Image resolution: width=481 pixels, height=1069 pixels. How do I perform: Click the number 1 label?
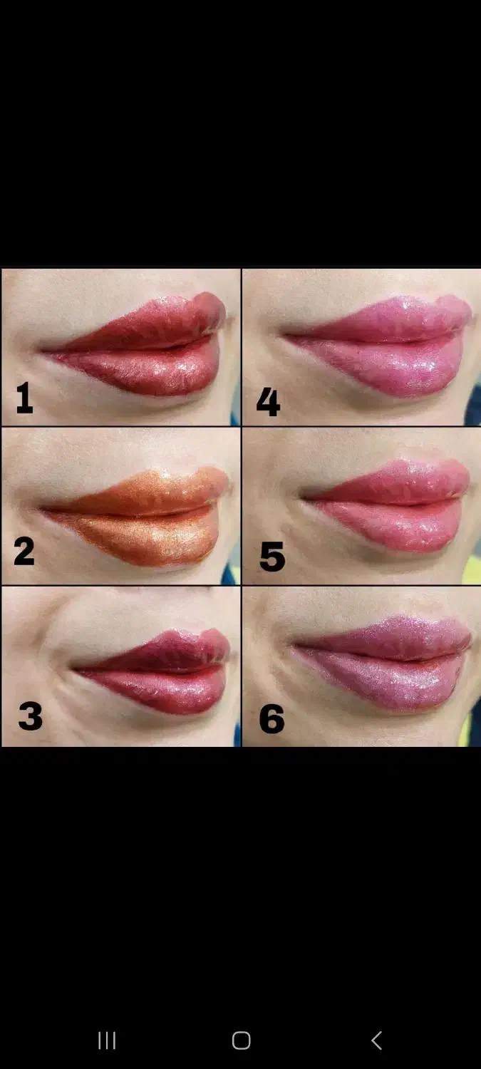[x=24, y=398]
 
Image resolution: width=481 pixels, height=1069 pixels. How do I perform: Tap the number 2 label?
[x=24, y=551]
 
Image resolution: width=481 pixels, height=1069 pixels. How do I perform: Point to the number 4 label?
[x=268, y=401]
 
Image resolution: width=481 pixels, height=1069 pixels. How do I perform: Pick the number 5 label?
[x=272, y=557]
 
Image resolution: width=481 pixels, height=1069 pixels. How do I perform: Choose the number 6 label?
[x=272, y=718]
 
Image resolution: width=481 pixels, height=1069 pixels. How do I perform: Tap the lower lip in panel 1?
[x=152, y=370]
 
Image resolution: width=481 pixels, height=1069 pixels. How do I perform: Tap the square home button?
[x=241, y=1040]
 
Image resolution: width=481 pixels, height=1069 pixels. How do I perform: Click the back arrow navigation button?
[x=376, y=1040]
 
